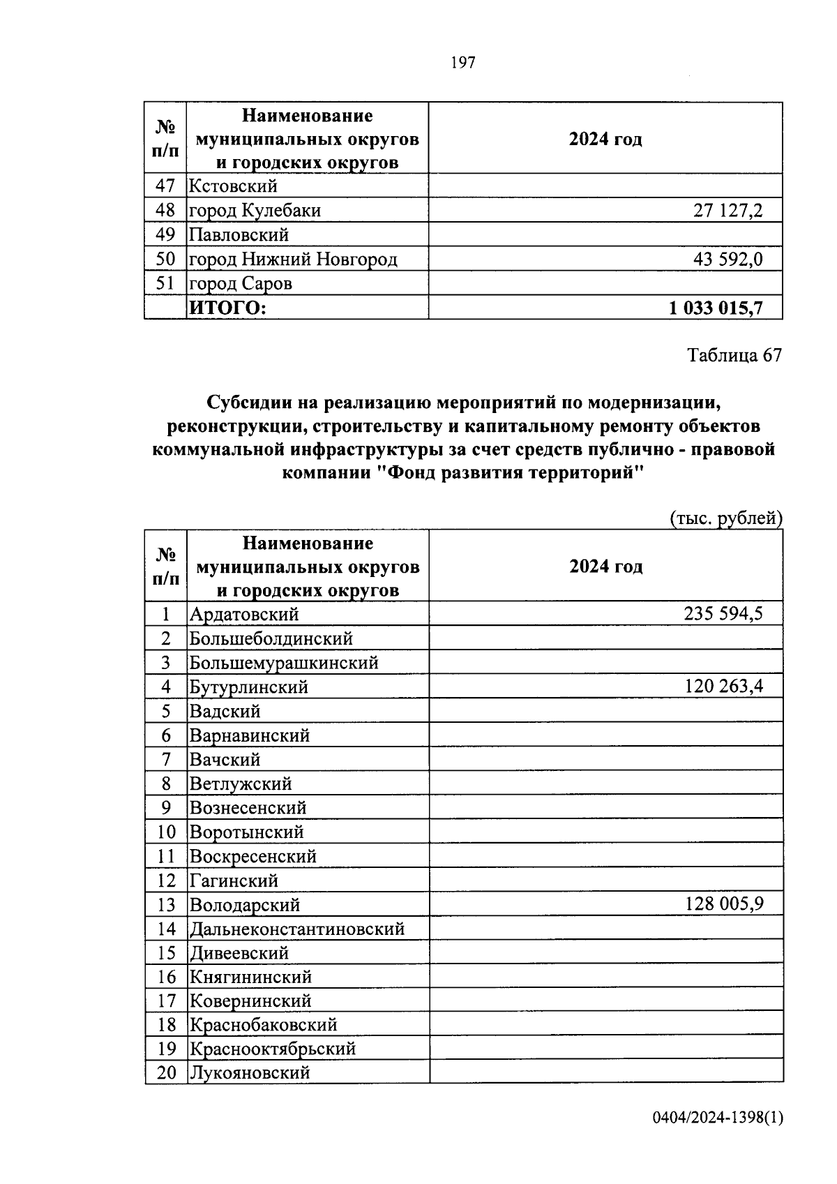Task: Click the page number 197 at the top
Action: click(462, 63)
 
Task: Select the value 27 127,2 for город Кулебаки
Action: click(727, 211)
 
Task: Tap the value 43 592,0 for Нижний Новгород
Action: click(727, 260)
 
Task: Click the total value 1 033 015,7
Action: click(716, 308)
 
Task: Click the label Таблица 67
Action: click(734, 355)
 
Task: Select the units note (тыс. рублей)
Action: click(725, 518)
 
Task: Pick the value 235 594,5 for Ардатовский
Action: click(723, 614)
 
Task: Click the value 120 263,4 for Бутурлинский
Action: click(723, 687)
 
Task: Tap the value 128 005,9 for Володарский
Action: click(724, 904)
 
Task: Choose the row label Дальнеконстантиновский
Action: click(297, 929)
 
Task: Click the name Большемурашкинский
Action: click(284, 662)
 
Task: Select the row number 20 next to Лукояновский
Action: click(167, 1072)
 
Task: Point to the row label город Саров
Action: click(241, 284)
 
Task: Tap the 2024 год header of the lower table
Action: click(605, 566)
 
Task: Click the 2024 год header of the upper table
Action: click(605, 139)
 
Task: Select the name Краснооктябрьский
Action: click(273, 1049)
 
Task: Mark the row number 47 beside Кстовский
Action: click(165, 186)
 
